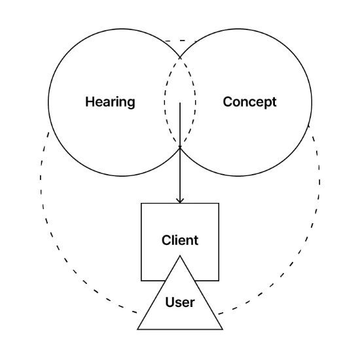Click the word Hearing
click(110, 102)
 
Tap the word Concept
click(249, 102)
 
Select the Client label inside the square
click(180, 240)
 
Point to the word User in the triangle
click(180, 302)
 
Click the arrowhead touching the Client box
click(180, 200)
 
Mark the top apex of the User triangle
click(180, 255)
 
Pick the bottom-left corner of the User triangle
click(137, 329)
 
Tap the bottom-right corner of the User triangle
click(223, 329)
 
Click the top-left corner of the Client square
click(141, 203)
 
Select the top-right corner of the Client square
click(219, 203)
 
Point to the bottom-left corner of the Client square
click(141, 281)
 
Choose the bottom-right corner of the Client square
click(219, 281)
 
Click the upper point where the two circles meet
click(180, 57)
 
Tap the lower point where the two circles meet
click(180, 148)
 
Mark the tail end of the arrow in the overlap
click(180, 103)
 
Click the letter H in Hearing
click(90, 101)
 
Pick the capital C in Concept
click(228, 101)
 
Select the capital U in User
click(170, 302)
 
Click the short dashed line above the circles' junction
click(181, 41)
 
